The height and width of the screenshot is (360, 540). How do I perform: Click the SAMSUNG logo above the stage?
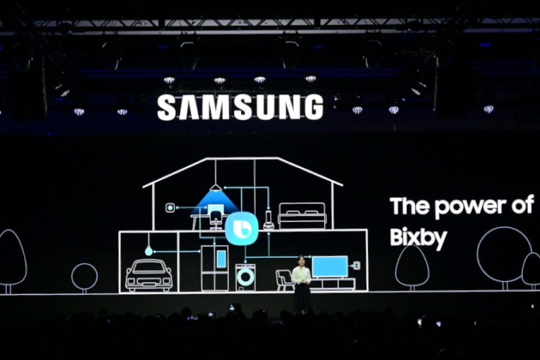click(240, 107)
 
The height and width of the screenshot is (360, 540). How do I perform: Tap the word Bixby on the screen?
click(418, 238)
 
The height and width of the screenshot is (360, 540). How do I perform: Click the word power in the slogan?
click(470, 206)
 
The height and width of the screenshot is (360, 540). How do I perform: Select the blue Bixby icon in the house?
click(242, 228)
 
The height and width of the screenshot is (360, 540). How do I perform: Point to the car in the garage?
click(148, 275)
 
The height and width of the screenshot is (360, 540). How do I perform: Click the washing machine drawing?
click(246, 278)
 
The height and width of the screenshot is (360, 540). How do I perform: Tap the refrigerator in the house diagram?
click(215, 268)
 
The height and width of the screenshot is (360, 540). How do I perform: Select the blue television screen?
click(329, 267)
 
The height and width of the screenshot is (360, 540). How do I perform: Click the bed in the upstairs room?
click(302, 215)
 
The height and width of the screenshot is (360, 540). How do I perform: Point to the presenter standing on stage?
click(302, 284)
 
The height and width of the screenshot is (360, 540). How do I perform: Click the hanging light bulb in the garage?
click(148, 251)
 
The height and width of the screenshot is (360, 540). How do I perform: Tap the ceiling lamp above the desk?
click(215, 188)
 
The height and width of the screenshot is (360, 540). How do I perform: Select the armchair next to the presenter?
click(283, 280)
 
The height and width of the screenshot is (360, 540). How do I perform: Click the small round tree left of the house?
click(84, 277)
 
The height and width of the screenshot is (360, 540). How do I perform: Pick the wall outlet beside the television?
click(356, 265)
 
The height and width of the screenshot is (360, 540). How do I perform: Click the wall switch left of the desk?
click(170, 208)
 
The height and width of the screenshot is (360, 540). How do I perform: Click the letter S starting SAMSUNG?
click(166, 107)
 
